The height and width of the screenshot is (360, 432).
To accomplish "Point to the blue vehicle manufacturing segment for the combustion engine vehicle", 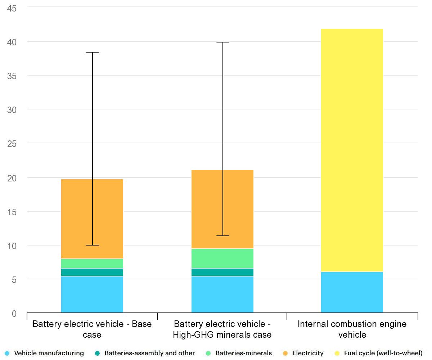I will click(352, 292).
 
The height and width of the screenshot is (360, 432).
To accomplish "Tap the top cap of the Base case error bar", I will click(93, 53).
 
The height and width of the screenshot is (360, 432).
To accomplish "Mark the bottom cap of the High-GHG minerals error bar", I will click(222, 236).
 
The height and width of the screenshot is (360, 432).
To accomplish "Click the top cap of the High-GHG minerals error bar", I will click(222, 42).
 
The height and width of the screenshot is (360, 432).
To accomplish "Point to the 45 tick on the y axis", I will click(12, 8).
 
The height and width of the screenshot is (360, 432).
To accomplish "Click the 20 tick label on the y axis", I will click(12, 178).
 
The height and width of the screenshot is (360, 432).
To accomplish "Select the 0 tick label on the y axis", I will click(14, 314).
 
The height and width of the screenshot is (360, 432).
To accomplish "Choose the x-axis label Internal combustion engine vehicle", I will click(352, 329).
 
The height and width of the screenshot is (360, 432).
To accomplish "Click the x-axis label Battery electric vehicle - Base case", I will click(92, 329).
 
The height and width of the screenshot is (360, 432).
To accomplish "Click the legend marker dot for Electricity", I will click(286, 353).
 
